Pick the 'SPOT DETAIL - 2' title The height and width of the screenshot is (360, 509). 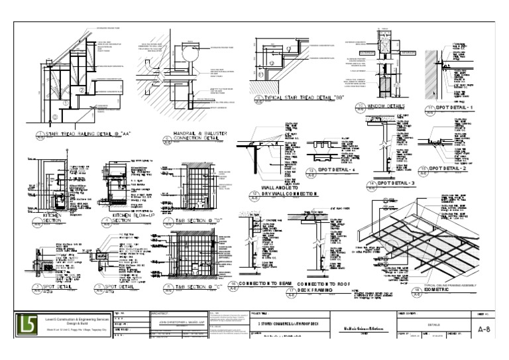(x=462, y=168)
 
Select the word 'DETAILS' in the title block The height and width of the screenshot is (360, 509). (x=435, y=324)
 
